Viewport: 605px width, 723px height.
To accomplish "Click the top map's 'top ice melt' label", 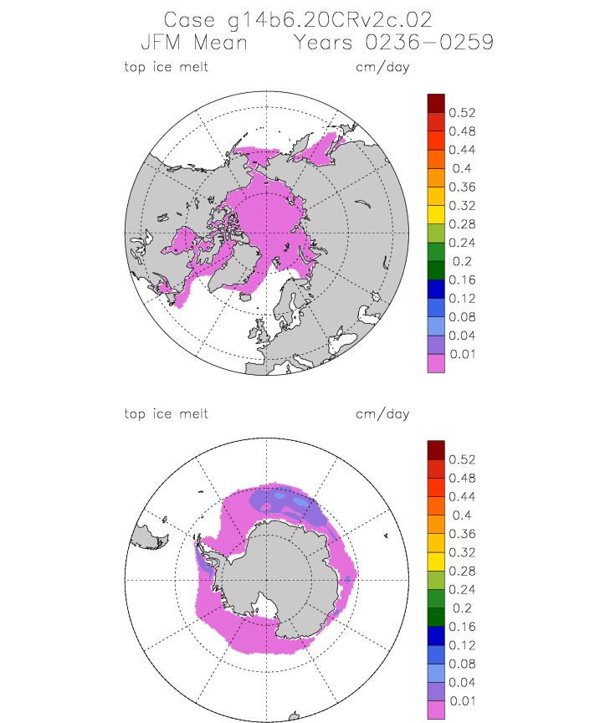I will (x=166, y=67).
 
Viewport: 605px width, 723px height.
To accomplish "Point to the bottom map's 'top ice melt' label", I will (x=166, y=413).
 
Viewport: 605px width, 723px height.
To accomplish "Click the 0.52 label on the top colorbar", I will (x=462, y=113).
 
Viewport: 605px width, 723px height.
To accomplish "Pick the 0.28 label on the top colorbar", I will (x=462, y=224).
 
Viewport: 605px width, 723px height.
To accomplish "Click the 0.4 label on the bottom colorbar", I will (x=462, y=515).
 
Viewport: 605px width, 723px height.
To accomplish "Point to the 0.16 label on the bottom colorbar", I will (x=462, y=627).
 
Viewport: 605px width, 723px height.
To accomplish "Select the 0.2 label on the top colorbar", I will (x=462, y=261).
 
